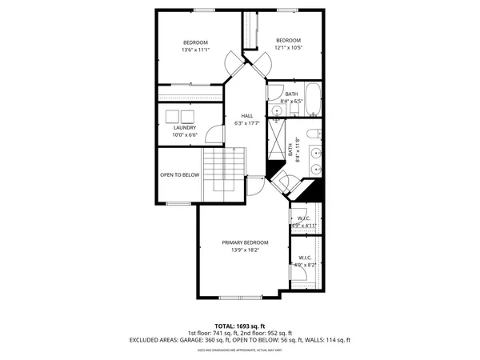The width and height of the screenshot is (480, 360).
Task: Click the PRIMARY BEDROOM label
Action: [246, 242]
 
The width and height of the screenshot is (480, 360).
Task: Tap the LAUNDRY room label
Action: [184, 127]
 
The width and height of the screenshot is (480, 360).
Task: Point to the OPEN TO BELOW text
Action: [179, 174]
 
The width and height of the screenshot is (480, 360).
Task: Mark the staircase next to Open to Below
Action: [222, 170]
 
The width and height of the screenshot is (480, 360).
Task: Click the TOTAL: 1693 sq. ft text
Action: [240, 326]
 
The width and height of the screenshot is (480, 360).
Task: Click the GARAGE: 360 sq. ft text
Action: [202, 340]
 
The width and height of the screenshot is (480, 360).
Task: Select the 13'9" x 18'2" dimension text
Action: [246, 250]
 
